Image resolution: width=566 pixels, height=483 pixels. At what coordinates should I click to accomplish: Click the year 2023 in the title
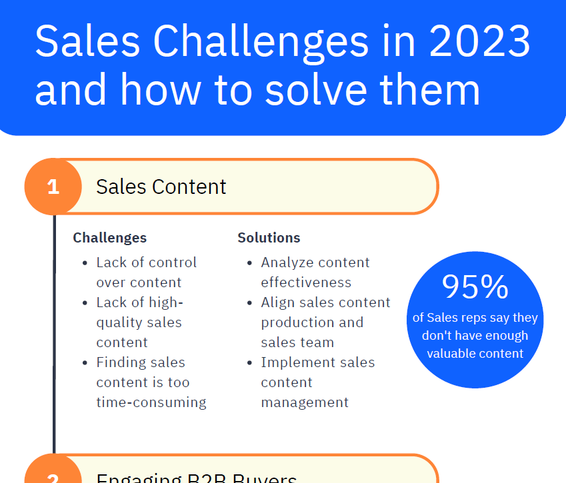(x=480, y=41)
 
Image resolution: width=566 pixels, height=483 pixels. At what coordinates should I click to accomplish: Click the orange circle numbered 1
(x=53, y=187)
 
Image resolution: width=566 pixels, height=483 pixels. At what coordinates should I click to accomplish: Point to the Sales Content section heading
(x=161, y=187)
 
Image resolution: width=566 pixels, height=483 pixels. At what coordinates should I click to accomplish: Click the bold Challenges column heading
(x=110, y=238)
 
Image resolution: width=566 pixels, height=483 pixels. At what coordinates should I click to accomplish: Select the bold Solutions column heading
(x=269, y=238)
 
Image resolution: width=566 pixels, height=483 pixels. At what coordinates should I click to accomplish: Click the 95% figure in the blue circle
(x=475, y=287)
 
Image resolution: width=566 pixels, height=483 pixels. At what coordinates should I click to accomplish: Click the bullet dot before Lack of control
(x=85, y=263)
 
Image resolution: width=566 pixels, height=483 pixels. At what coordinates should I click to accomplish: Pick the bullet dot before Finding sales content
(x=85, y=363)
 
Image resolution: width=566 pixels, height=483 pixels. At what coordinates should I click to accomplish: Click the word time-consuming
(x=151, y=402)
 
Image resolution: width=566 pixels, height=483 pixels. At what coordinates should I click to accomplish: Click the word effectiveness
(x=306, y=282)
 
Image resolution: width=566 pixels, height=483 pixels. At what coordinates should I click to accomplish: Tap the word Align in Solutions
(x=277, y=302)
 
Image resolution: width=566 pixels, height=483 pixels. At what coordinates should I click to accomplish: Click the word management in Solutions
(x=305, y=402)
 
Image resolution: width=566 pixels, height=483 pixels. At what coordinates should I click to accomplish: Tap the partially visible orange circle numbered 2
(x=53, y=474)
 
